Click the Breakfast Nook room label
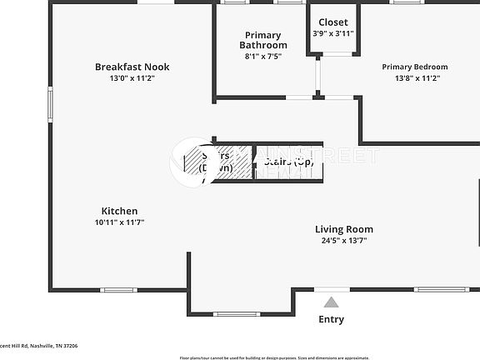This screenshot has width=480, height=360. click(132, 67)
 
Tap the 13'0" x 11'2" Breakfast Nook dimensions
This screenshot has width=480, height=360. click(132, 77)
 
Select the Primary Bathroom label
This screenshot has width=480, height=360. click(263, 40)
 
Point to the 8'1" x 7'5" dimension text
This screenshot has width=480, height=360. click(263, 56)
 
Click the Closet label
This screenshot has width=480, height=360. click(333, 22)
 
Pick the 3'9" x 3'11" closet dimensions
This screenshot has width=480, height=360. click(333, 33)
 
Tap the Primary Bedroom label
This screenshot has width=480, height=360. click(414, 67)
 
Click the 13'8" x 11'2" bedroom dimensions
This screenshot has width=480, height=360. click(414, 77)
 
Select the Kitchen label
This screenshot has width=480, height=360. click(119, 211)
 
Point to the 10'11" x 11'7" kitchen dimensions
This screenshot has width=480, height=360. click(119, 222)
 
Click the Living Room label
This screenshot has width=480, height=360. click(343, 229)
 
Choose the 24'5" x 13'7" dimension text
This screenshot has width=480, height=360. click(343, 240)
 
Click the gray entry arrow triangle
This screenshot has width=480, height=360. click(332, 302)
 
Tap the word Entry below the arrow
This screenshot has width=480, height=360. click(332, 319)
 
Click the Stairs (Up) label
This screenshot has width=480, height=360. click(288, 162)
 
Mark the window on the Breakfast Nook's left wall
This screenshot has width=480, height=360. click(51, 105)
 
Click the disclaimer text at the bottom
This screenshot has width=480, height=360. click(274, 357)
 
